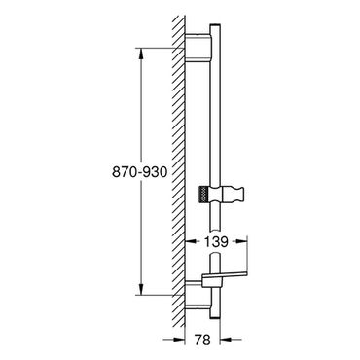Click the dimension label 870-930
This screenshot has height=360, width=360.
click(140, 172)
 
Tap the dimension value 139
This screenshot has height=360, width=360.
click(216, 241)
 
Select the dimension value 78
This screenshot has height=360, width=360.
click(202, 340)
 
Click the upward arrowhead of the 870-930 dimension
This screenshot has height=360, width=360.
click(141, 54)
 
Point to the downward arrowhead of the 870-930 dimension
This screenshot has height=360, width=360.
click(141, 289)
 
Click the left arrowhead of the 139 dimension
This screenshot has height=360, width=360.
click(191, 241)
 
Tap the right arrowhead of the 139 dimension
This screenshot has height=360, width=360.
click(241, 241)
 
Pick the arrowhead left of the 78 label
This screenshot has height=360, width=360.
click(179, 340)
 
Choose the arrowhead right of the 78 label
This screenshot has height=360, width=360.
click(226, 340)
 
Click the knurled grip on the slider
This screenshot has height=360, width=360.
click(203, 196)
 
